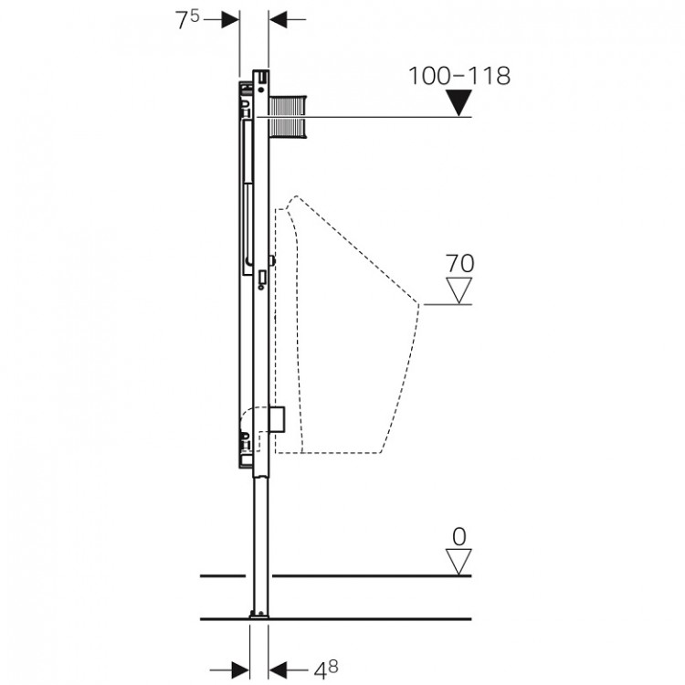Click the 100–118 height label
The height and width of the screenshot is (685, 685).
coord(459,76)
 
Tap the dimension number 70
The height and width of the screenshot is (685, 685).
coord(459,264)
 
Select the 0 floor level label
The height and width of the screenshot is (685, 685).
coord(459,536)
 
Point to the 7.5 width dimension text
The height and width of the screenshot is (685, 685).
coord(187,19)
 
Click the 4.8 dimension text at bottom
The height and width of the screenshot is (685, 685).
coord(326,669)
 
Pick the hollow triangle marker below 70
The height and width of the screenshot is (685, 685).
coord(458,290)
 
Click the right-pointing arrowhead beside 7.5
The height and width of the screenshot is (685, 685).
coord(230,19)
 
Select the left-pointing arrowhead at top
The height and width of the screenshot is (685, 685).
coord(278,19)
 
